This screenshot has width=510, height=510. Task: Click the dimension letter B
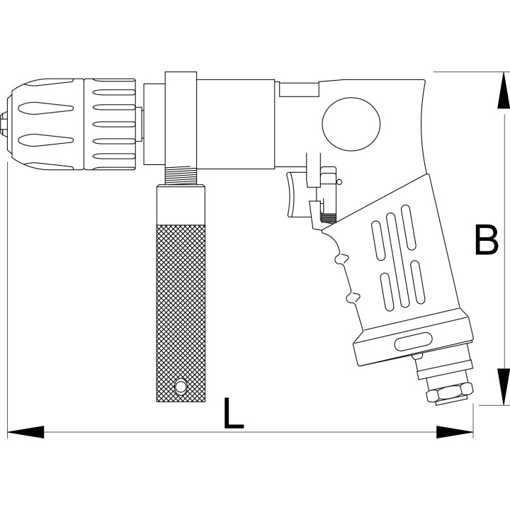tap(487, 239)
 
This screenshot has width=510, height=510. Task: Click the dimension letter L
tap(234, 413)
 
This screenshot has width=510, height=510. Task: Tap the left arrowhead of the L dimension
tap(25, 432)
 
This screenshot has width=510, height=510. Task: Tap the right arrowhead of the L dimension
tap(454, 432)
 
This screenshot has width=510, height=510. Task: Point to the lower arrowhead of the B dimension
tap(503, 387)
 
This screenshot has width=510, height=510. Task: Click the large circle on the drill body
tap(351, 124)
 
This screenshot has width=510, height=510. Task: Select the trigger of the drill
tap(295, 195)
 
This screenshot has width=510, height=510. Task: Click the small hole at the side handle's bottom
tap(181, 386)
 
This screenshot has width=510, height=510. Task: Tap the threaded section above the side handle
tap(181, 175)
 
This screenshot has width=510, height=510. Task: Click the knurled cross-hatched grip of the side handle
tap(181, 313)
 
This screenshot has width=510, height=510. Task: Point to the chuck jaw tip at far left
tap(4, 124)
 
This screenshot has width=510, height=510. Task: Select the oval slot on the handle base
tap(412, 341)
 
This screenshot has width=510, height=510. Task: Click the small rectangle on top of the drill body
tap(299, 89)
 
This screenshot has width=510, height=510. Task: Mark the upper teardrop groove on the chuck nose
tap(45, 108)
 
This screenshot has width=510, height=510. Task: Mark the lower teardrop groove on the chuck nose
tap(45, 140)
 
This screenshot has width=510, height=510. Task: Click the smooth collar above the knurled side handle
tap(181, 205)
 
